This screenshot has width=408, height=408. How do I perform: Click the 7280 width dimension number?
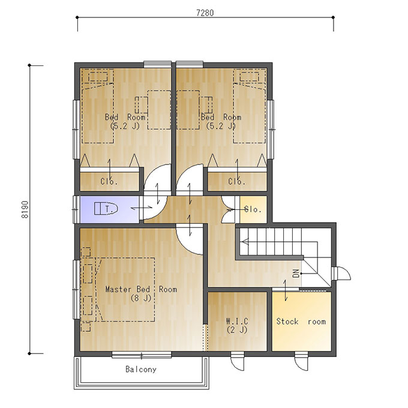(x=205, y=13)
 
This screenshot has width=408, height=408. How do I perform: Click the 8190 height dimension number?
(x=25, y=209)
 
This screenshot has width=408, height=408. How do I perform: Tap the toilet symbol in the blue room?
(x=106, y=209)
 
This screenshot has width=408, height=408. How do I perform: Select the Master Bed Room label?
(x=141, y=289)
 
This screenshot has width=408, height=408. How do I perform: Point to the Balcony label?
(x=141, y=369)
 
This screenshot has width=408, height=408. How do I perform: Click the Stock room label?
(x=301, y=322)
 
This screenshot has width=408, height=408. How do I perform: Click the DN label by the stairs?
(x=296, y=274)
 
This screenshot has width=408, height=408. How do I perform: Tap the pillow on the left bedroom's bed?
(x=98, y=77)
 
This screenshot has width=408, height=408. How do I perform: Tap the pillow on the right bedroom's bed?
(x=249, y=77)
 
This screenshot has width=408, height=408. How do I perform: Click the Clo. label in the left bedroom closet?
(x=109, y=181)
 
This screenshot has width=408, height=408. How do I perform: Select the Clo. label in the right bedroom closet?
(x=237, y=181)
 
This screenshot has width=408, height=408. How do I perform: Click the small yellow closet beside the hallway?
(x=253, y=209)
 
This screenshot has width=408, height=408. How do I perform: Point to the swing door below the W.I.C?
(x=238, y=361)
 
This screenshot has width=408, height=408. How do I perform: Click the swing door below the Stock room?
(x=301, y=361)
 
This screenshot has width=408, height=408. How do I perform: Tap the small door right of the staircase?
(x=341, y=273)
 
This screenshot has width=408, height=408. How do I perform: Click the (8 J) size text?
(x=141, y=298)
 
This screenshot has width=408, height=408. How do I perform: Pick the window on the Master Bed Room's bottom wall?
(x=142, y=355)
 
